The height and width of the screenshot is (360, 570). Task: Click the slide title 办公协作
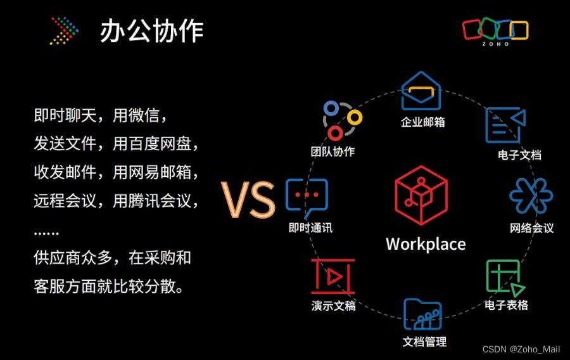pyautogui.click(x=151, y=31)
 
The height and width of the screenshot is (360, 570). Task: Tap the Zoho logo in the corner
pyautogui.click(x=495, y=30)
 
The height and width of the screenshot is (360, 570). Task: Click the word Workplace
pyautogui.click(x=426, y=244)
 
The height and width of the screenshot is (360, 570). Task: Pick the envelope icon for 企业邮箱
pyautogui.click(x=421, y=91)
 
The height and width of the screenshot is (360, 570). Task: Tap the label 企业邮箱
pyautogui.click(x=422, y=122)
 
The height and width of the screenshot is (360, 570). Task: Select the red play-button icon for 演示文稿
pyautogui.click(x=333, y=276)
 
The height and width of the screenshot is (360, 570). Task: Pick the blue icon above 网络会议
pyautogui.click(x=531, y=196)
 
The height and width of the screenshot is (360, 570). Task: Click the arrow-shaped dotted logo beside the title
pyautogui.click(x=65, y=31)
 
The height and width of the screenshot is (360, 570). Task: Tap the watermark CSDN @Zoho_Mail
pyautogui.click(x=521, y=350)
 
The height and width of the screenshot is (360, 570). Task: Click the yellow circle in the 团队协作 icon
pyautogui.click(x=354, y=117)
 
